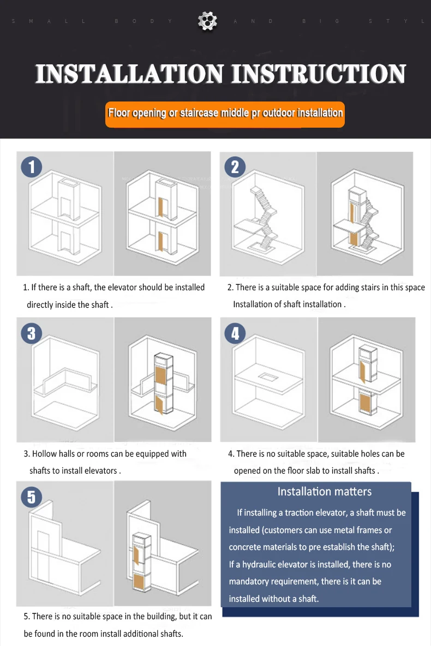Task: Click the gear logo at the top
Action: click(x=207, y=21)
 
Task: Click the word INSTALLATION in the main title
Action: click(x=129, y=74)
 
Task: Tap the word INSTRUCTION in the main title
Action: click(x=319, y=74)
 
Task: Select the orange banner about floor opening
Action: click(x=225, y=114)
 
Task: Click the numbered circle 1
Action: click(x=31, y=167)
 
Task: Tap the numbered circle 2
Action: click(x=235, y=167)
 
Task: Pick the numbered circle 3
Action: click(x=31, y=333)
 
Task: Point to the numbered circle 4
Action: click(x=235, y=333)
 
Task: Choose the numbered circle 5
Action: click(x=31, y=497)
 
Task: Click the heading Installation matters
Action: click(x=324, y=492)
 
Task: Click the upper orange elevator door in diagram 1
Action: click(x=161, y=208)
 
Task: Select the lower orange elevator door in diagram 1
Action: click(x=161, y=241)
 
